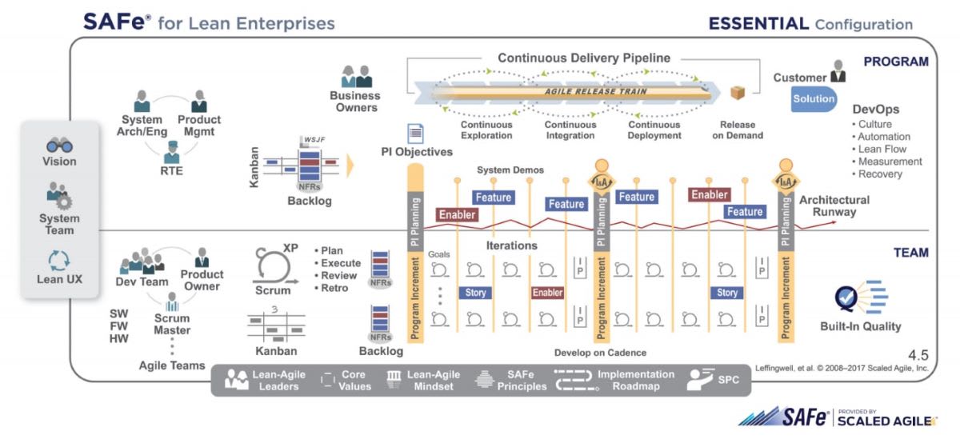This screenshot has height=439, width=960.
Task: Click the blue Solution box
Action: point(814,99)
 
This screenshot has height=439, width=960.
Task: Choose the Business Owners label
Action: point(354,102)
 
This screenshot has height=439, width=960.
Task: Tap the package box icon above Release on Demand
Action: point(738,94)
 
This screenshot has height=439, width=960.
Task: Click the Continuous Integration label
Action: point(570,130)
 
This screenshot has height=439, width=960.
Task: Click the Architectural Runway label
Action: point(834,206)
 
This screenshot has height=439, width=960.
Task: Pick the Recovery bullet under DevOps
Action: point(880,174)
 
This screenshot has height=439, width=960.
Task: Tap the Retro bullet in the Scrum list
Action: point(335,288)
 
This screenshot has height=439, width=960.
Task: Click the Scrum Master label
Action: point(172,324)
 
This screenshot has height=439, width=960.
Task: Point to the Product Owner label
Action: point(202,281)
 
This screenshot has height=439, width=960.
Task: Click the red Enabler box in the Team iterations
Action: point(548,293)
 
